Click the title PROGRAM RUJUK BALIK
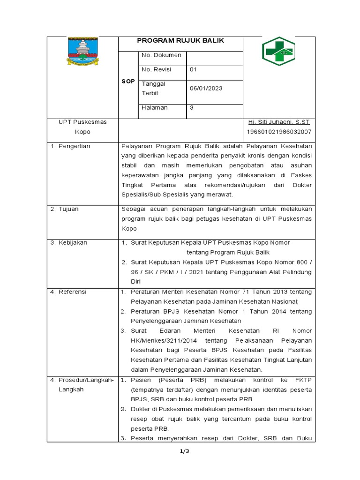coord(180,41)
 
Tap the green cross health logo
coord(278,52)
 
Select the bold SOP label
coord(128,81)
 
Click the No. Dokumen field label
coord(161,55)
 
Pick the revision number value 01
coord(194,70)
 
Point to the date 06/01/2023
coord(206,89)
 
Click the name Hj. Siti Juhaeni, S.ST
coord(279,122)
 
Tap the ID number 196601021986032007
coord(279,132)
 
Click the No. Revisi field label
coord(156,70)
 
